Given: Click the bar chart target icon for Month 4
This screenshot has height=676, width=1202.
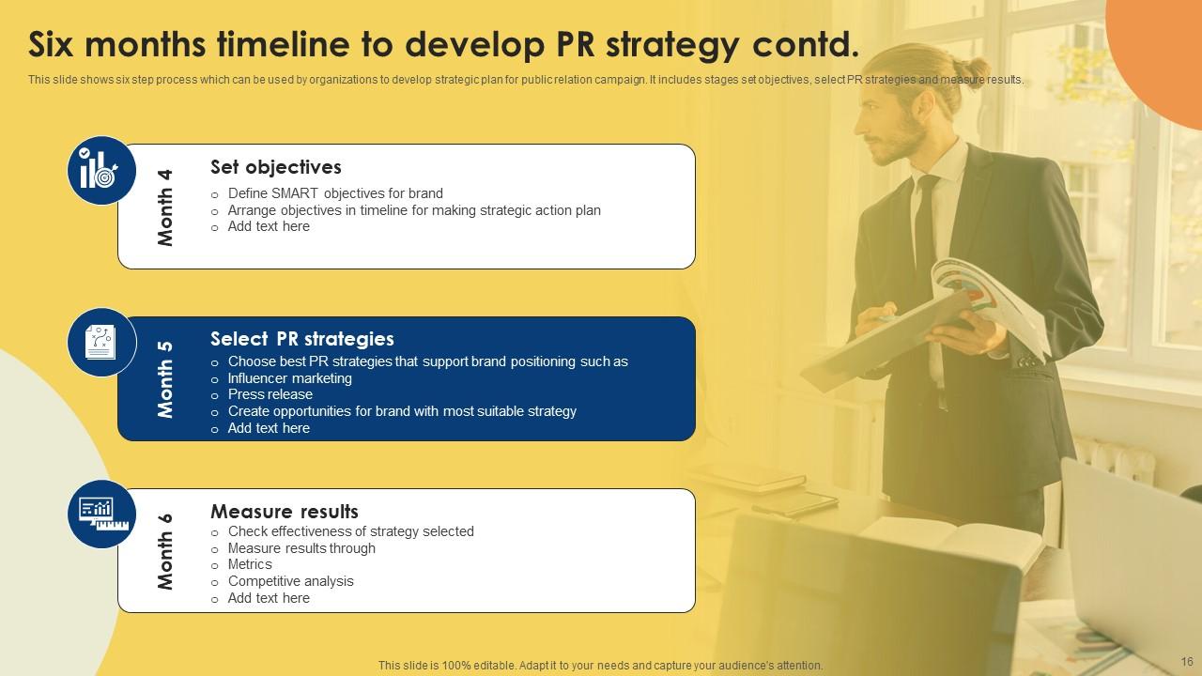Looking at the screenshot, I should [x=101, y=170].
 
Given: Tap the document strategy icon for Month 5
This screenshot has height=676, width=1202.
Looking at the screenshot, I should [x=101, y=343].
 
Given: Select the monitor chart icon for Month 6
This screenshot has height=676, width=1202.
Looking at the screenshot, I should [x=101, y=514].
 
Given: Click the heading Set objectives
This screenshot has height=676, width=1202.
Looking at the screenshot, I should [x=275, y=167].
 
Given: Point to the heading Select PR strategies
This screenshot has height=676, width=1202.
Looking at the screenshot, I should [x=301, y=339].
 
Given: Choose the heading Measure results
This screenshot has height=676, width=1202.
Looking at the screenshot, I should [x=284, y=512].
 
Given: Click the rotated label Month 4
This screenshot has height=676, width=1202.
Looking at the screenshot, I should [x=166, y=207].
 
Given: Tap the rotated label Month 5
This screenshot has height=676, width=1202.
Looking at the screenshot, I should [x=166, y=378].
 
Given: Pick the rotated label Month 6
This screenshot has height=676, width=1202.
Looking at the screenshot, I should [x=166, y=551].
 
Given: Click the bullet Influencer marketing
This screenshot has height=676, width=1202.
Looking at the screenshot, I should [x=289, y=378].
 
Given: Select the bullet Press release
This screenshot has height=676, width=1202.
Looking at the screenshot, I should [x=270, y=394].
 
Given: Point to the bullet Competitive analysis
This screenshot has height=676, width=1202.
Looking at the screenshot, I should [x=290, y=581].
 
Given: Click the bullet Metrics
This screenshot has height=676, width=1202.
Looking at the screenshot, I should [x=250, y=564].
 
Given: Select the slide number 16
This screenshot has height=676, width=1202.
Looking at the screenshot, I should [x=1185, y=662].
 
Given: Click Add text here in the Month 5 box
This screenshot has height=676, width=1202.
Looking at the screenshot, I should [x=269, y=428].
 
